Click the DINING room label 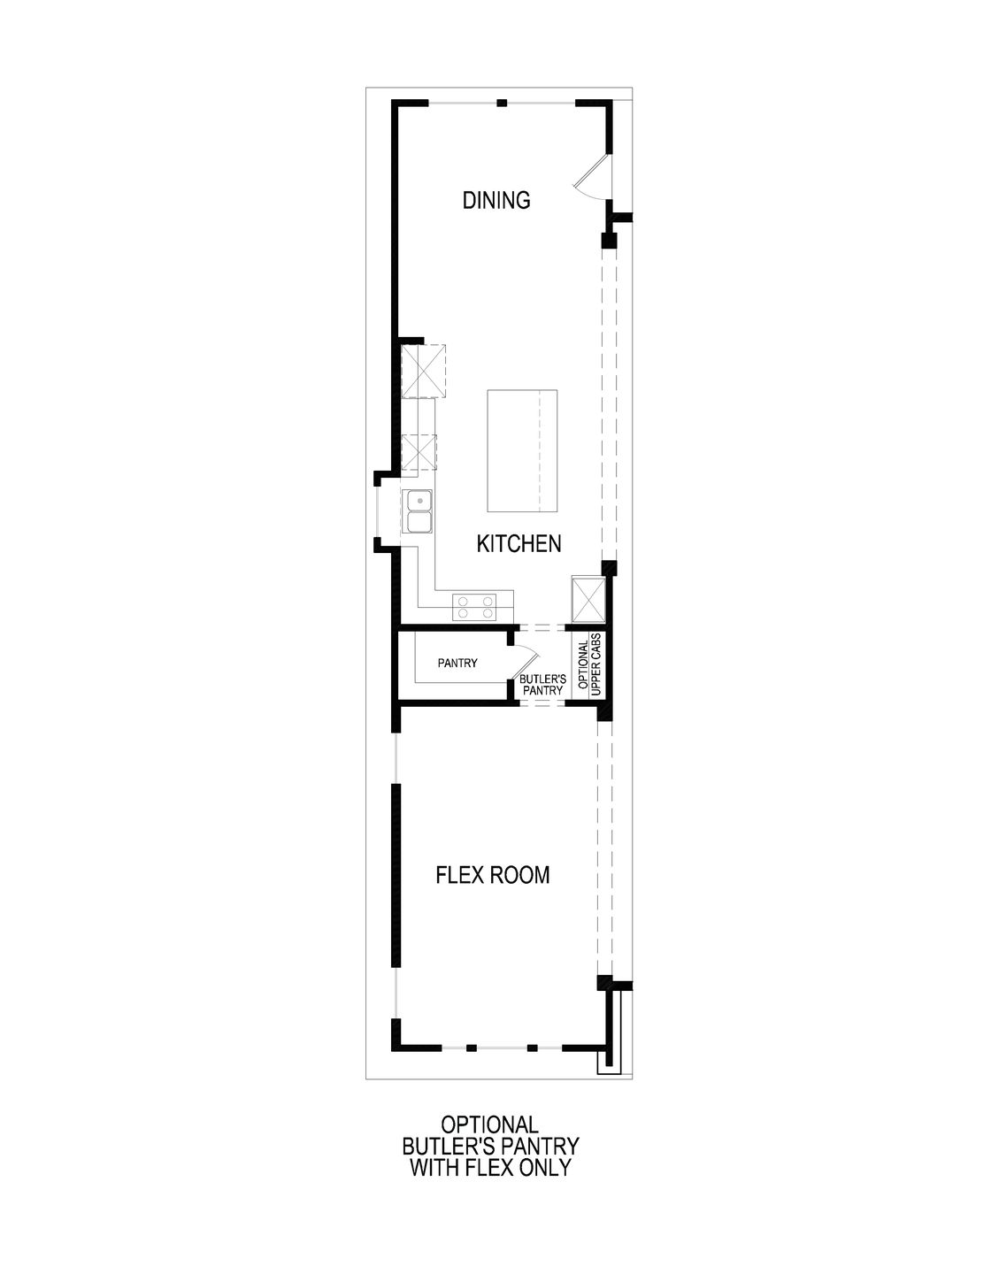click(x=496, y=200)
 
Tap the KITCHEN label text click(x=519, y=543)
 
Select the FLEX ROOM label click(x=493, y=875)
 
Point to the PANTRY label click(x=457, y=663)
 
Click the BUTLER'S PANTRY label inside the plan click(x=542, y=684)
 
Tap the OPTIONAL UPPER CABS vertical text click(x=589, y=664)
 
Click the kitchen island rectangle click(x=522, y=450)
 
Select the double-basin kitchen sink click(x=419, y=512)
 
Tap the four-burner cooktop click(x=474, y=606)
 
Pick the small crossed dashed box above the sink click(x=419, y=452)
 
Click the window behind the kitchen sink click(x=378, y=512)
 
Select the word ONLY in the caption click(x=551, y=1167)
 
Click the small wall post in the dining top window click(x=502, y=104)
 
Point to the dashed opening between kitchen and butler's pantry click(x=541, y=627)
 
